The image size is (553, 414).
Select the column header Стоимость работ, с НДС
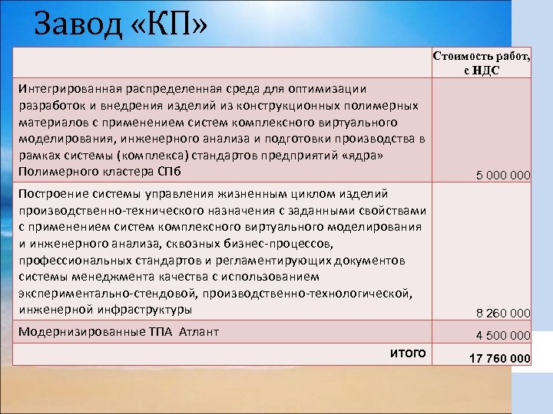[x=482, y=63]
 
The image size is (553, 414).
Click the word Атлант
[x=199, y=332]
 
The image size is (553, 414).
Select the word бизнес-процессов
[x=272, y=244]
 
